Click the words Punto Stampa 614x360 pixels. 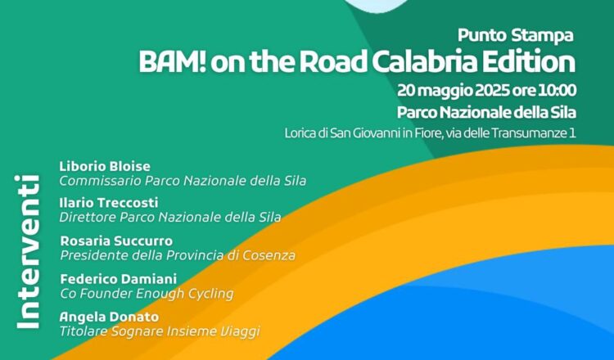(x=515, y=36)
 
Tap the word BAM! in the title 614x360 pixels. (x=172, y=62)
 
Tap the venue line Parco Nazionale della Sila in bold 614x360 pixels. (x=486, y=113)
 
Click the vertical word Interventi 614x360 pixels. (x=27, y=252)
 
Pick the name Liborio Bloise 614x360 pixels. (x=105, y=166)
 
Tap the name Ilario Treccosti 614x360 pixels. (x=109, y=203)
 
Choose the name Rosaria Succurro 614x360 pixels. (x=116, y=241)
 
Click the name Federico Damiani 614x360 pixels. (x=119, y=279)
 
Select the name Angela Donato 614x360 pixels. (x=109, y=317)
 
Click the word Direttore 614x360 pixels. (x=88, y=217)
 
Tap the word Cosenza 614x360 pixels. (x=269, y=255)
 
